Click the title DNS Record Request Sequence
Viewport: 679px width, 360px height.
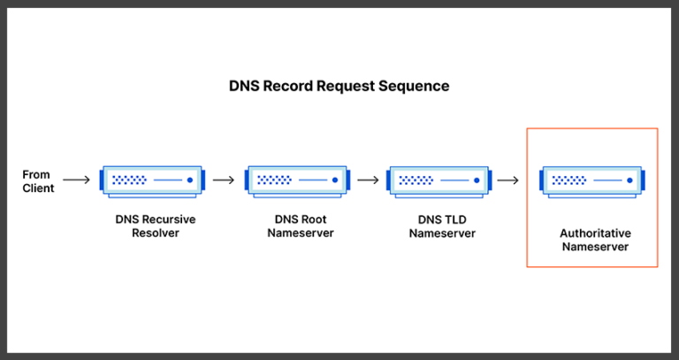tap(339, 87)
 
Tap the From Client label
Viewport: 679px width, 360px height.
tap(38, 181)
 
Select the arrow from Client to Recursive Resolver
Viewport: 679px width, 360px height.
tap(77, 180)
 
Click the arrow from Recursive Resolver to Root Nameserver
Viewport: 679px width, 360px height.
tap(225, 180)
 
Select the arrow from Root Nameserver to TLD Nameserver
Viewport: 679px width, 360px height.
tap(369, 180)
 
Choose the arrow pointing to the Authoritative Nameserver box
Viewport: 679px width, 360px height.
tap(507, 180)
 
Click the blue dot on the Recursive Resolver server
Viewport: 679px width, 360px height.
tap(188, 180)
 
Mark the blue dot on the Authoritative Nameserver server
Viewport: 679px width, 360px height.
tap(629, 180)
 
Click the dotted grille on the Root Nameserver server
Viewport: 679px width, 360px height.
tap(274, 180)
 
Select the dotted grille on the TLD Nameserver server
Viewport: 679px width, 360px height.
tap(416, 180)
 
